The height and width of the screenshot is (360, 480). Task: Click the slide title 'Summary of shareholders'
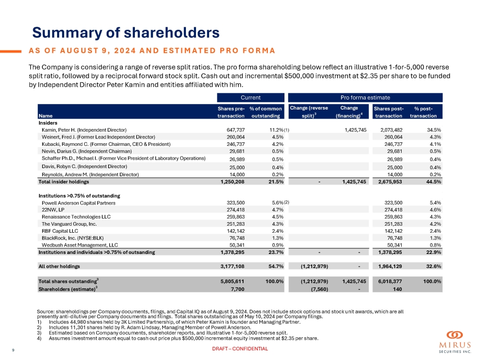tap(125, 33)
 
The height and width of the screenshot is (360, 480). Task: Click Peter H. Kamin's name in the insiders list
tap(84, 130)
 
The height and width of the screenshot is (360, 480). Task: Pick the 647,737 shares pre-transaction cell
tap(233, 130)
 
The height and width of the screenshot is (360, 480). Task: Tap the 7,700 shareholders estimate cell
tap(237, 289)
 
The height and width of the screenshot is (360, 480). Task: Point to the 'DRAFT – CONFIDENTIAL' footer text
tap(239, 349)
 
